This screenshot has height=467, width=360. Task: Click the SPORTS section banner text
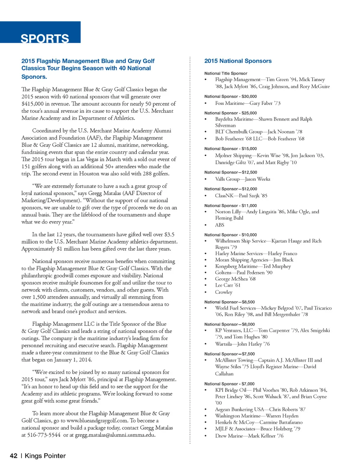click(x=45, y=38)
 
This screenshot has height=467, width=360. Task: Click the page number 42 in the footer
click(x=13, y=456)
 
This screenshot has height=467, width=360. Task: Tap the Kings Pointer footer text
click(x=45, y=456)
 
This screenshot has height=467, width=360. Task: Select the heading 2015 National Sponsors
click(x=238, y=61)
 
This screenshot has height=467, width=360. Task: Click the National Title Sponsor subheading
click(x=226, y=73)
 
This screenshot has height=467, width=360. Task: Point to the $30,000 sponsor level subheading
click(x=231, y=96)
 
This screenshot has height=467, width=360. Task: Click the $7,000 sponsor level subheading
click(x=229, y=384)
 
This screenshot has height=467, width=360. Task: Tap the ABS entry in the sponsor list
click(x=219, y=225)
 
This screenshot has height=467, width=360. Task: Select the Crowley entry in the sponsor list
click(x=224, y=292)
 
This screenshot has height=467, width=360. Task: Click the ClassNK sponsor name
click(x=224, y=196)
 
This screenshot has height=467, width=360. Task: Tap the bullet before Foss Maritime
click(x=206, y=103)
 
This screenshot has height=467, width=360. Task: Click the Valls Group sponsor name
click(x=227, y=179)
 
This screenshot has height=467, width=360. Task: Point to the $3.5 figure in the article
click(x=169, y=234)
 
